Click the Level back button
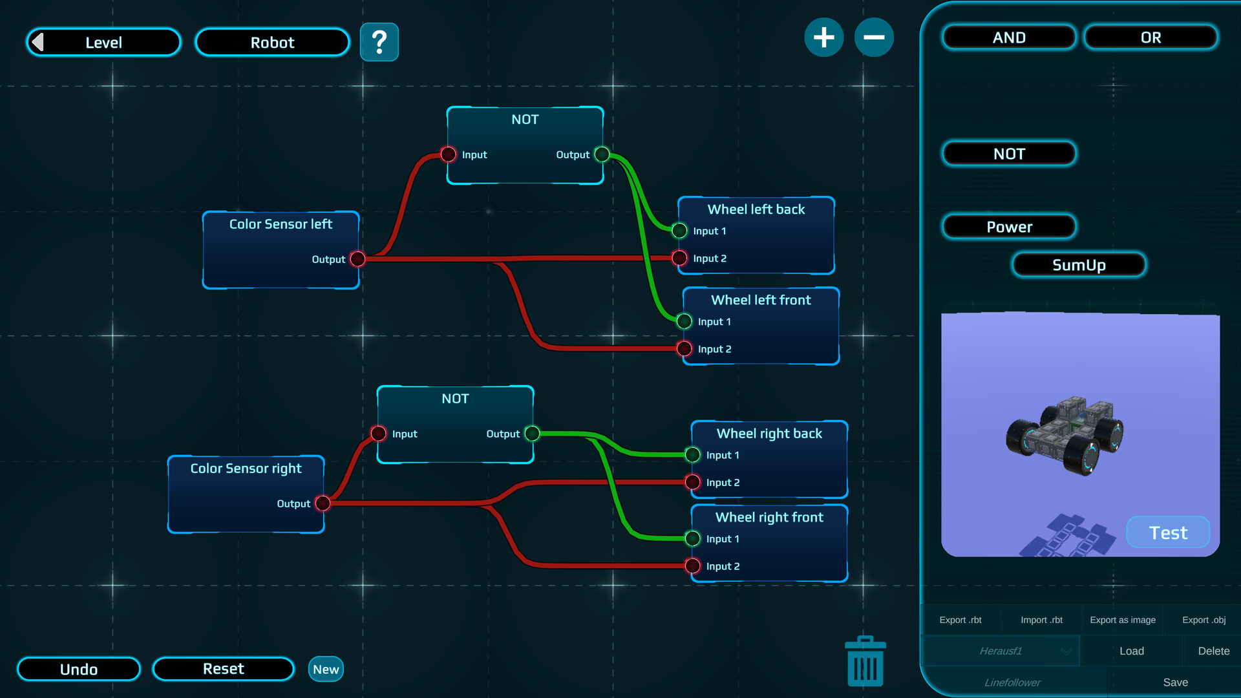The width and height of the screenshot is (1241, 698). pos(103,43)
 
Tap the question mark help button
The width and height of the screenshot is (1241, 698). pos(379,43)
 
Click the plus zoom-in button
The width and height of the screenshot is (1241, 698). pos(823,37)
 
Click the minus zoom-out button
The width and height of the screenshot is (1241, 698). pos(874,37)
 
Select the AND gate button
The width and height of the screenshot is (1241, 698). pos(1009,37)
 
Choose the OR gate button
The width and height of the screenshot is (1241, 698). pos(1151,37)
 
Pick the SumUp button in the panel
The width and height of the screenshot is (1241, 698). pos(1079,265)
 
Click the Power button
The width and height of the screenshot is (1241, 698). pos(1009,227)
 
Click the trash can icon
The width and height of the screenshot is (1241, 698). pos(865,662)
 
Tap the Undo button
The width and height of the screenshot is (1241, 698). pos(79,669)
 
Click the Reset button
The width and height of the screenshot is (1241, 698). pos(223,669)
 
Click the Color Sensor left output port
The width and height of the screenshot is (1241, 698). pos(357,259)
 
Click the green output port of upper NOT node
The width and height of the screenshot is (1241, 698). pos(602,154)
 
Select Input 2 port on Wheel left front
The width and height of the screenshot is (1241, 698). pos(684,349)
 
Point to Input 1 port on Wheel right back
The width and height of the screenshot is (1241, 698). pos(692,455)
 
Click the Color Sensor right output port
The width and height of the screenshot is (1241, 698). pos(323,503)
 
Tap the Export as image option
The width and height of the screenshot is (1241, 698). pos(1123,620)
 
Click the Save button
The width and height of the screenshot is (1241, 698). pos(1175,682)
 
